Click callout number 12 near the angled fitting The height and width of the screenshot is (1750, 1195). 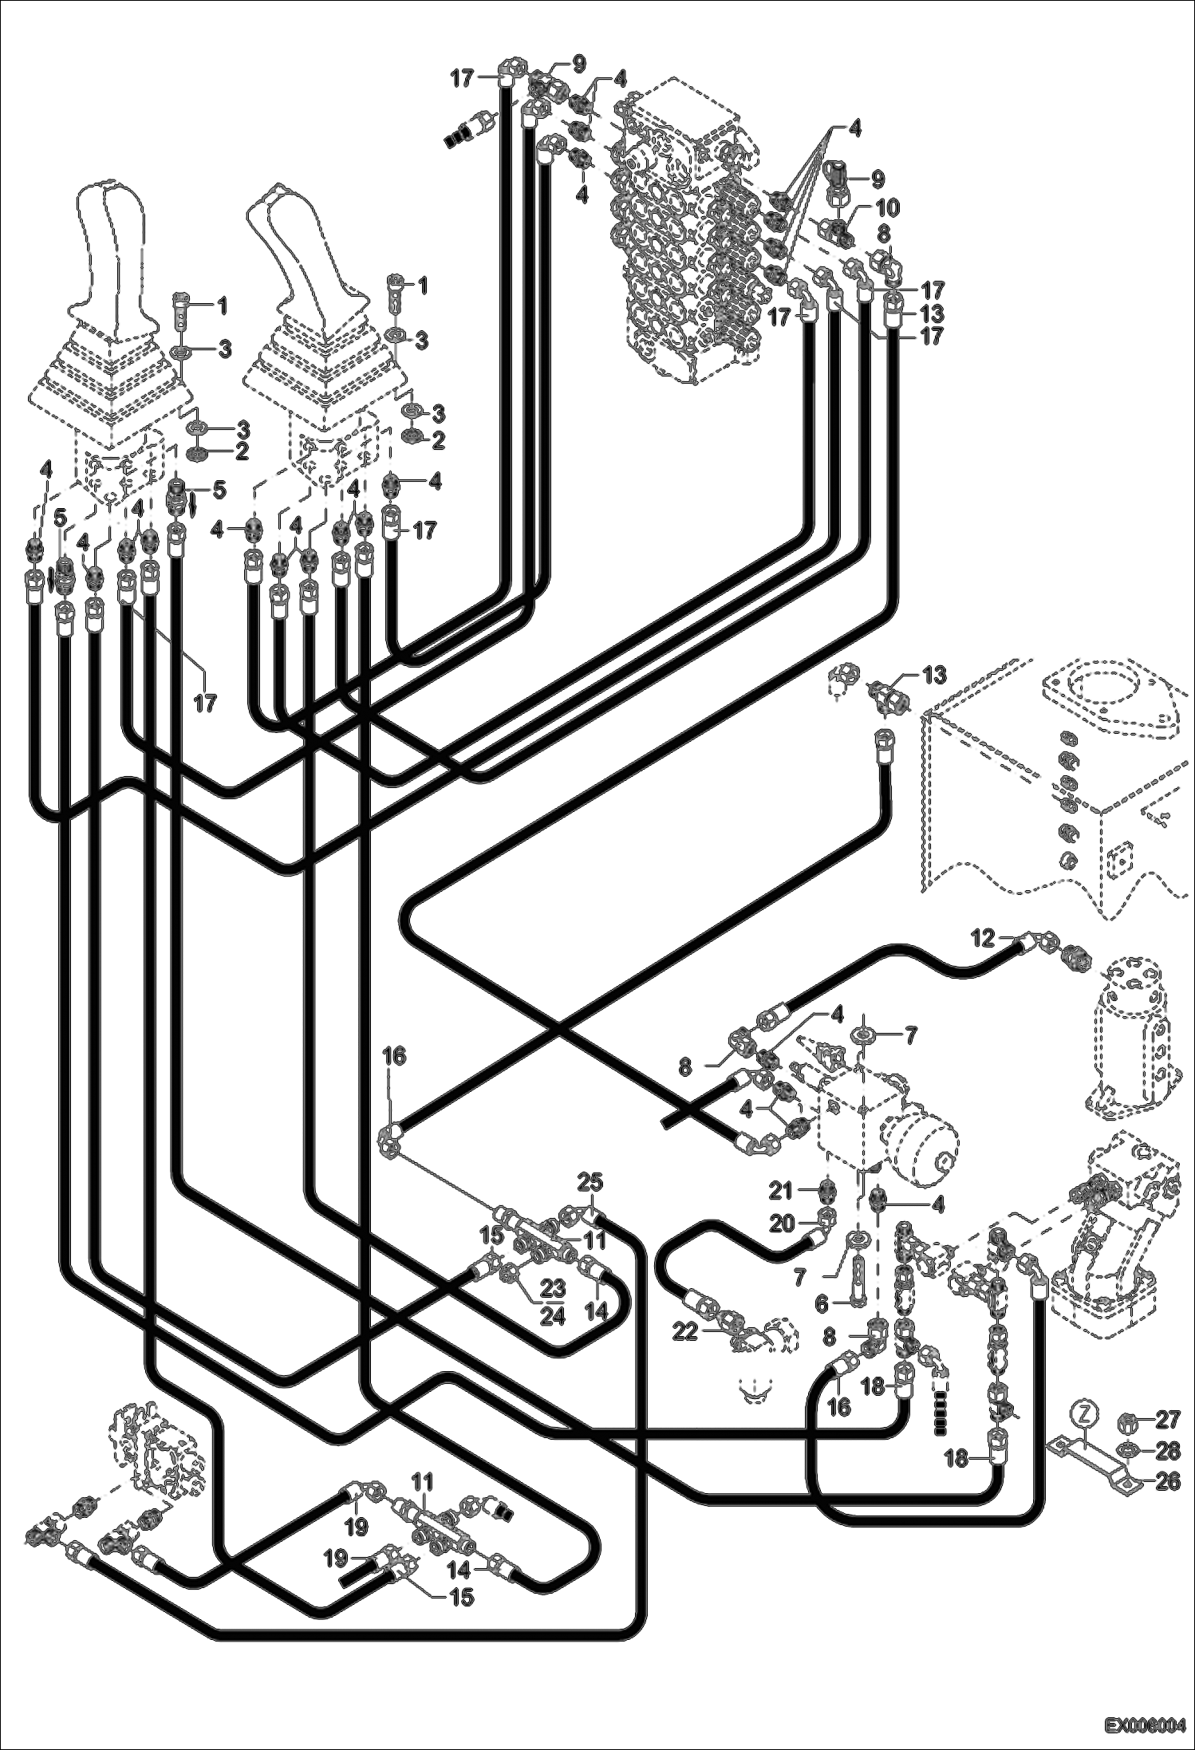point(983,939)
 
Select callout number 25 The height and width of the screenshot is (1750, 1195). point(592,1182)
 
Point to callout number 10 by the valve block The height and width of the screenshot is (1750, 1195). point(887,208)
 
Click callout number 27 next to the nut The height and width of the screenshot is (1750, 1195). point(1167,1420)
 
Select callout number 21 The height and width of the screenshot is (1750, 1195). point(783,1191)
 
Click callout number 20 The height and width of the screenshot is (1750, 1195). point(783,1223)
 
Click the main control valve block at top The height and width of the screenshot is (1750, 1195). point(686,239)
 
